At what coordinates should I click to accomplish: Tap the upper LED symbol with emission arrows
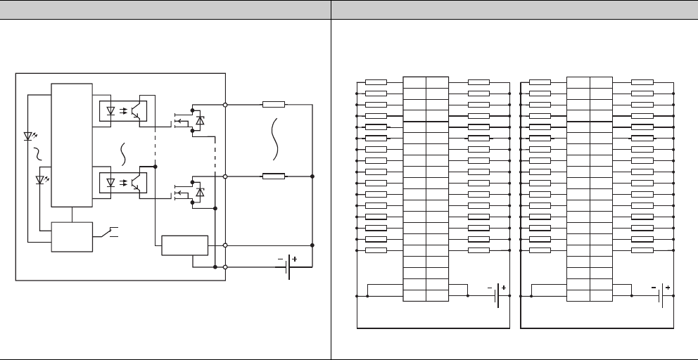click(x=30, y=136)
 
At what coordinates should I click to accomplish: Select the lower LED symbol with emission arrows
click(x=42, y=180)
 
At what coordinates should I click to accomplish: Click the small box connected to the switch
click(x=72, y=237)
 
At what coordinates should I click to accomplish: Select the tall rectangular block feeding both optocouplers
click(x=72, y=145)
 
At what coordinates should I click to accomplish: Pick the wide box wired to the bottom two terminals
click(x=185, y=245)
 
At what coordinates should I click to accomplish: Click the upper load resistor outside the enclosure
click(x=273, y=104)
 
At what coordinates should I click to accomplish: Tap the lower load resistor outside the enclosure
click(x=273, y=176)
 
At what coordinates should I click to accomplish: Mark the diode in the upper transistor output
click(x=200, y=121)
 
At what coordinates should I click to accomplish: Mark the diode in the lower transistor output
click(x=200, y=192)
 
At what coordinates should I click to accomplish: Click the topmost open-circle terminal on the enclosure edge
click(x=225, y=104)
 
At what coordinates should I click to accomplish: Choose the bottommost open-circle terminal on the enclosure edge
click(x=225, y=267)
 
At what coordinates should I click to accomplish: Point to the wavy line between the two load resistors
click(x=276, y=141)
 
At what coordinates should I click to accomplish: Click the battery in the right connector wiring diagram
click(x=662, y=296)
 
